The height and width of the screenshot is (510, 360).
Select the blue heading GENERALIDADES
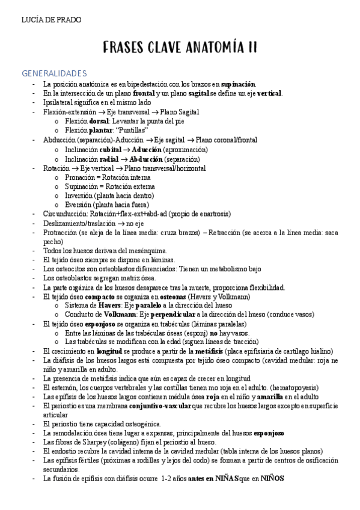(55, 73)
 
